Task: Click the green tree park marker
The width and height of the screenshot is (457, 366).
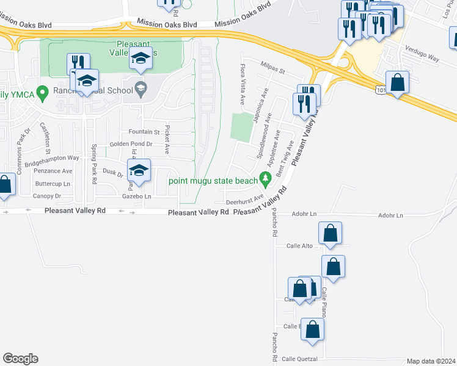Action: pos(265,179)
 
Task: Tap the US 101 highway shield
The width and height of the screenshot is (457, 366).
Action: pos(380,89)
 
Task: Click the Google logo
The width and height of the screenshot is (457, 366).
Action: pos(20,359)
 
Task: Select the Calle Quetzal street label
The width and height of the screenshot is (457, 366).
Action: pos(299,359)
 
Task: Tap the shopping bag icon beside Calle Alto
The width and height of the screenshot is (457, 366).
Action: pos(330,232)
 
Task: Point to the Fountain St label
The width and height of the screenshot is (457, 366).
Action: pos(144,132)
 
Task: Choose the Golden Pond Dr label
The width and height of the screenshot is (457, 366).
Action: pos(130,144)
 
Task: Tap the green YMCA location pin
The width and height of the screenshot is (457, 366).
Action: pos(42,93)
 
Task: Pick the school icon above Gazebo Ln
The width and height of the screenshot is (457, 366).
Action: pos(139,170)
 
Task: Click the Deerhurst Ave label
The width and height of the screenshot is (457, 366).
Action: pos(244,200)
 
